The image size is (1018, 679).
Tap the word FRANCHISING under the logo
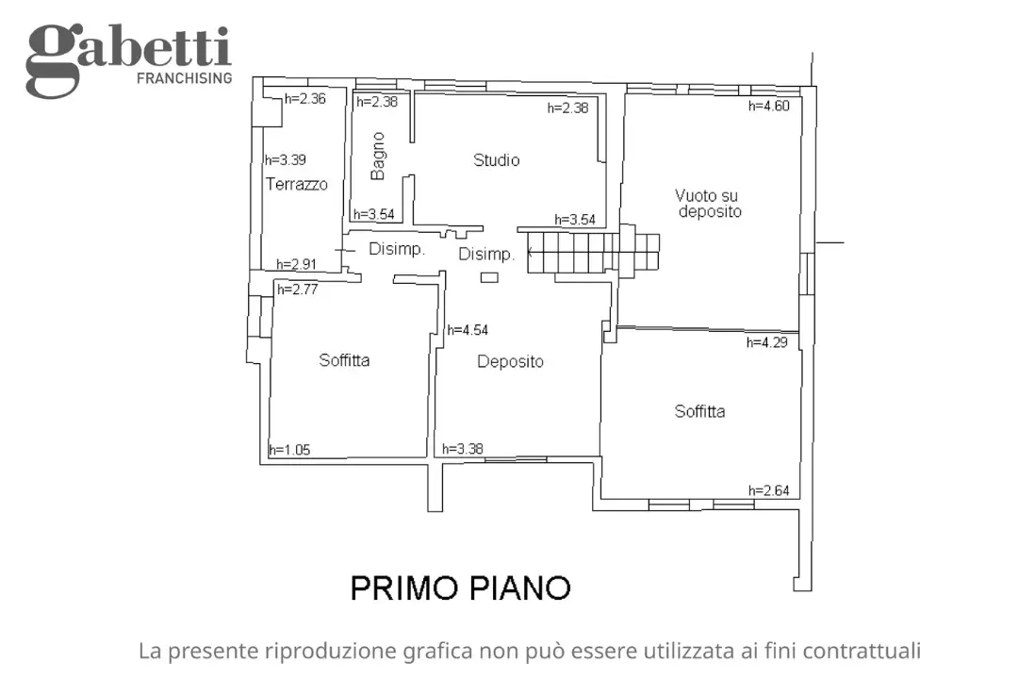[184, 78]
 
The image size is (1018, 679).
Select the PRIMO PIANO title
[460, 588]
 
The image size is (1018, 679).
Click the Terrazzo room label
[296, 185]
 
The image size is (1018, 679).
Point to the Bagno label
[378, 156]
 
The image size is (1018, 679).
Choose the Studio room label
[496, 160]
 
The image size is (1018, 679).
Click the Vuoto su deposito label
[708, 204]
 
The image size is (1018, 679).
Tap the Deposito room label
[510, 361]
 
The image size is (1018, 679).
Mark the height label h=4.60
[768, 106]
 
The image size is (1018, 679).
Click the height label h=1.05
[289, 450]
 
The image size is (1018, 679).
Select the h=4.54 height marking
[468, 330]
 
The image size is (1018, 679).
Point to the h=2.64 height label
[768, 489]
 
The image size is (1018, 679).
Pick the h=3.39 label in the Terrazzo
[285, 159]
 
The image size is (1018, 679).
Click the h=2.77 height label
[297, 290]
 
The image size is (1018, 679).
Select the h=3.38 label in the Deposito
[463, 449]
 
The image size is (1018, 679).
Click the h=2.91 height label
[296, 265]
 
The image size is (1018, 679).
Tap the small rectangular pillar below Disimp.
[489, 277]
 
